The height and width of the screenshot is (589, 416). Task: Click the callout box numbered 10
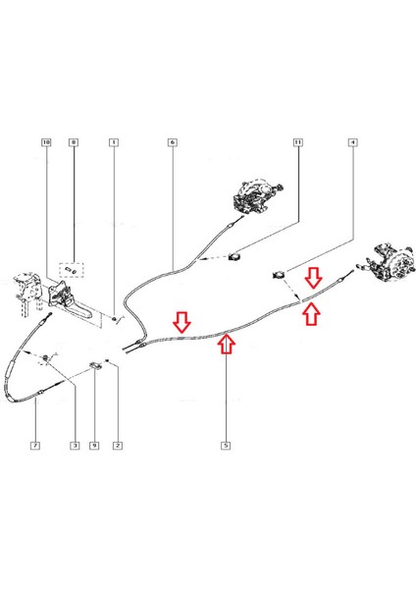pos(46,142)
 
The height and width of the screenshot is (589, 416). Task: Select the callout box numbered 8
pos(74,142)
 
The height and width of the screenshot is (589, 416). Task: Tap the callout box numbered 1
pos(114,142)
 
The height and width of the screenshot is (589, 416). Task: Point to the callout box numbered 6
pos(172,142)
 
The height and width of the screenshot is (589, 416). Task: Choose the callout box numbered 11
pos(297,142)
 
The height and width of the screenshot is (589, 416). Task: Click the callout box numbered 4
pos(352,142)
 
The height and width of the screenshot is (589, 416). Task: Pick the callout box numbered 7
pos(35,446)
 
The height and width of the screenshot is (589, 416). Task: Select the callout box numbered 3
pos(75,446)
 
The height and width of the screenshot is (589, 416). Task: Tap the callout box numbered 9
pos(94,446)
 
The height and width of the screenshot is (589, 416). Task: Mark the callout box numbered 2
pos(118,446)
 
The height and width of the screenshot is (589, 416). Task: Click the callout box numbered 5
pos(226,446)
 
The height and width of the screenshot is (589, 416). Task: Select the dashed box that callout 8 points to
pos(72,270)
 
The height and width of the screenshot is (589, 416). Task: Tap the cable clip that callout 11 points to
pos(235,256)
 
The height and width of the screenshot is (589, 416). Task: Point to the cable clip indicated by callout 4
pos(279,275)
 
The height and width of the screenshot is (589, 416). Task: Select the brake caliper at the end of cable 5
pos(390,263)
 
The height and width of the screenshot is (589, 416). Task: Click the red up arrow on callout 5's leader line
pos(227,345)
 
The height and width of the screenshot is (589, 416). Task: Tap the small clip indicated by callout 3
pos(46,358)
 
